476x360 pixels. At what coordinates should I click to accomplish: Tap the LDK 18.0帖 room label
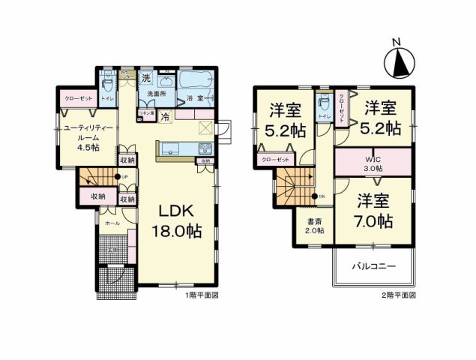178,221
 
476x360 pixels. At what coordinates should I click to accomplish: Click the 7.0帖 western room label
373,212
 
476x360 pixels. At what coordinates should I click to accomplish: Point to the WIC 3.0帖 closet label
373,163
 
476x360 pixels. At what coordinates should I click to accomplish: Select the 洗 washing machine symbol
147,78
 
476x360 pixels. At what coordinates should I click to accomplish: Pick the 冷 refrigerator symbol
165,116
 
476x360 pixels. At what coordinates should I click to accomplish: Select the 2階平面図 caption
397,296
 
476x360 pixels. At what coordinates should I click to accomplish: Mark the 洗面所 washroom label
155,93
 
